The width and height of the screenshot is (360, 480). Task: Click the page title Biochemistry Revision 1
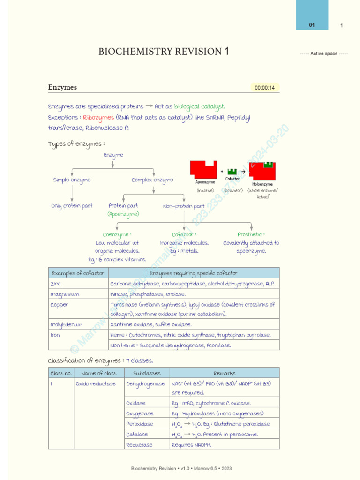tap(164, 52)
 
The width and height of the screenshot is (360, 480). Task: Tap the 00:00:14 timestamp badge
tap(265, 88)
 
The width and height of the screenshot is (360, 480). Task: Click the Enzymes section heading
tap(62, 87)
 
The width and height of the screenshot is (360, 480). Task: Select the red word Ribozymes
tap(98, 117)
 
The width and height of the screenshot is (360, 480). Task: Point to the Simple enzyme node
tap(72, 180)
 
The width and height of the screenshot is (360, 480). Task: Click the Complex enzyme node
tap(152, 180)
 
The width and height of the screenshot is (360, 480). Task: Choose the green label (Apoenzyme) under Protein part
tap(123, 214)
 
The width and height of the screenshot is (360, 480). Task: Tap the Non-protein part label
tap(184, 206)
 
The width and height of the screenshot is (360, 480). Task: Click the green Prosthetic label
tap(251, 234)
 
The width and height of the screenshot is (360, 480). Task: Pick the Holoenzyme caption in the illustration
tap(262, 184)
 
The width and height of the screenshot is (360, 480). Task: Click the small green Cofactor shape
tap(232, 171)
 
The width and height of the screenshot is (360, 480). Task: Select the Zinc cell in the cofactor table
tap(56, 284)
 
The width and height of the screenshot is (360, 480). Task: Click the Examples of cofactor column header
tap(78, 273)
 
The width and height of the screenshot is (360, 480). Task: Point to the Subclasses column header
tap(147, 373)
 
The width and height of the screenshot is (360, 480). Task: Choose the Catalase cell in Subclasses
tap(137, 435)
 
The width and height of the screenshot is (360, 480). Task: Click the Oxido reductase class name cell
tap(96, 383)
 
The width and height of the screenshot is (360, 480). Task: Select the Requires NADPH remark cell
tap(191, 445)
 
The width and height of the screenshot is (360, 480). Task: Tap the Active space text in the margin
tap(324, 54)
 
